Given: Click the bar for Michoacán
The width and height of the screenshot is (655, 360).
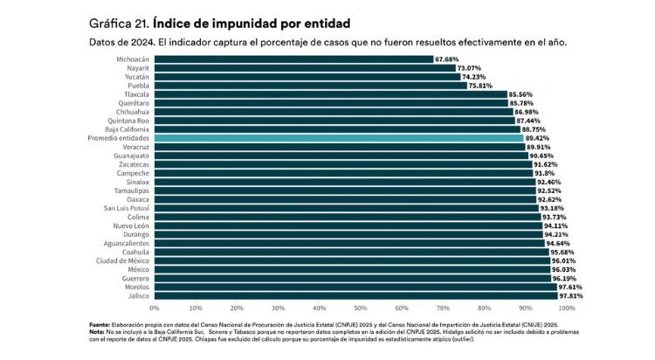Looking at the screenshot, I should click(x=293, y=59).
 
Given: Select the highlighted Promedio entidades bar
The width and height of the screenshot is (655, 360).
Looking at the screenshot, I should click(x=339, y=138).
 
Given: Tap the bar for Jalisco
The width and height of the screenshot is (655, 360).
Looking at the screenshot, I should click(x=355, y=295).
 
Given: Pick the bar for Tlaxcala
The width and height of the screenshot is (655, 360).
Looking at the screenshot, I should click(x=331, y=94).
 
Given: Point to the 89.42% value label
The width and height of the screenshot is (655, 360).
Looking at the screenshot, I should click(x=538, y=138).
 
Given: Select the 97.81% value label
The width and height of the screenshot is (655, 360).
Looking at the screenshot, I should click(x=571, y=295).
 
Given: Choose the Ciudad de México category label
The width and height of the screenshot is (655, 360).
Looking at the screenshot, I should click(x=121, y=260).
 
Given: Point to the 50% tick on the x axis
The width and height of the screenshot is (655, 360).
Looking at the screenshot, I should click(x=360, y=308).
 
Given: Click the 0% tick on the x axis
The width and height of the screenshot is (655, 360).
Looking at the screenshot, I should click(x=155, y=308).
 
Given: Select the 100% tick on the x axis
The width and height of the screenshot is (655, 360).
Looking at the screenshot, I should click(x=566, y=308).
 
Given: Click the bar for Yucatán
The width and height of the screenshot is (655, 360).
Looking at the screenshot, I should click(x=307, y=77).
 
